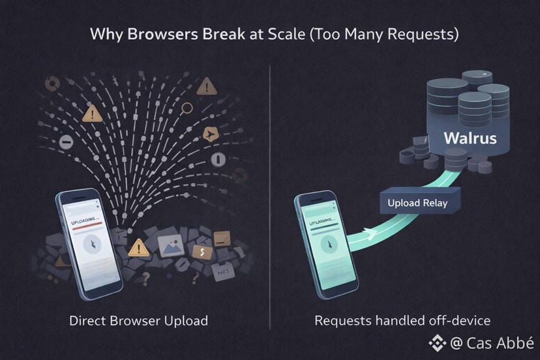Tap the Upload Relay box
(417, 203)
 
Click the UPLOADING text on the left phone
(85, 222)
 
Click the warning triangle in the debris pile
(138, 248)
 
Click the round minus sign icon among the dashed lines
(65, 142)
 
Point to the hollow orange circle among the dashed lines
(187, 108)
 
